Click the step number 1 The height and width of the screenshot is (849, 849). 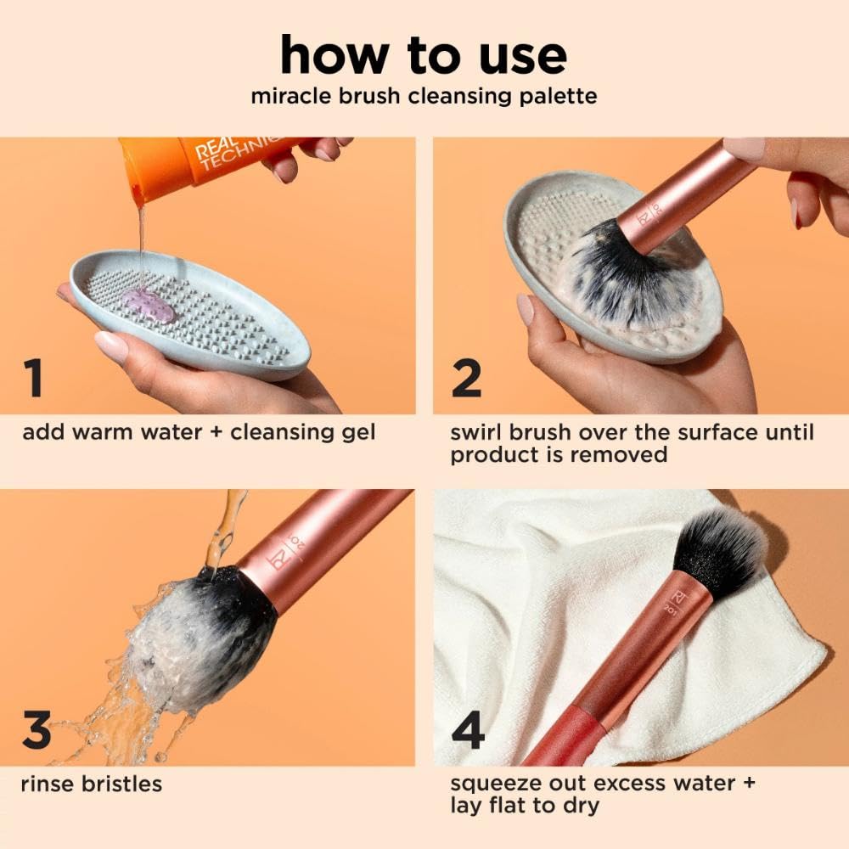click(x=33, y=379)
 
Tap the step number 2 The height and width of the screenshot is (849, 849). click(x=466, y=379)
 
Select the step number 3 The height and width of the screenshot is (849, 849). click(x=36, y=732)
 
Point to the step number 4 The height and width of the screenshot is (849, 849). click(x=468, y=732)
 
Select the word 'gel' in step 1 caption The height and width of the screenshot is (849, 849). click(x=357, y=433)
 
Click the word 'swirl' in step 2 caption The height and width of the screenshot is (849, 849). click(x=477, y=433)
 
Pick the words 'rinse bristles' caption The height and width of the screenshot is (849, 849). click(x=92, y=784)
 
